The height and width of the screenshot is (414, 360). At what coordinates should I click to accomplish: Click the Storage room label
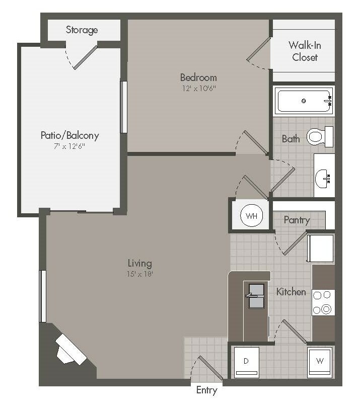tap(82, 30)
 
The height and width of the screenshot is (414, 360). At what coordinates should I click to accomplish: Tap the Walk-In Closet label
tap(305, 51)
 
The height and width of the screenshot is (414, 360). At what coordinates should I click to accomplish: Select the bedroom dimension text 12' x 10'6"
tap(199, 88)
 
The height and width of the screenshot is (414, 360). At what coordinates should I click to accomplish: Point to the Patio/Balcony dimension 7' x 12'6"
tap(69, 146)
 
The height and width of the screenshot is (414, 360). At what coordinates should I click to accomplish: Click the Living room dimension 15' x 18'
tap(140, 274)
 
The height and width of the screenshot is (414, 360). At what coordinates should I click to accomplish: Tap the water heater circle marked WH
tap(251, 215)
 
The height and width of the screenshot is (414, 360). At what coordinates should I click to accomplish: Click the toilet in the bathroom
tap(320, 136)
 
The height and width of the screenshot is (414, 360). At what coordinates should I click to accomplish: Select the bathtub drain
tap(304, 101)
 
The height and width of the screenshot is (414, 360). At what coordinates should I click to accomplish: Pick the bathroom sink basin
tap(323, 179)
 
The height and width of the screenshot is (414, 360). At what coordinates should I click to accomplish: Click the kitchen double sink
tap(256, 296)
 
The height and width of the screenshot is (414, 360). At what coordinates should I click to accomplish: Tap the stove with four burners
tap(323, 302)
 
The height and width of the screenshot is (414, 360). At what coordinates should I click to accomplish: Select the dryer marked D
tap(246, 362)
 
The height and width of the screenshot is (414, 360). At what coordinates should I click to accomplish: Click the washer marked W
tap(320, 362)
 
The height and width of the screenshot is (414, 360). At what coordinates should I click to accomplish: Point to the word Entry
tap(207, 390)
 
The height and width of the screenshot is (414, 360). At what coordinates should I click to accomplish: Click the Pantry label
tap(297, 220)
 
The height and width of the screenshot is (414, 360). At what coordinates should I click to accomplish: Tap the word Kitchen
tap(291, 292)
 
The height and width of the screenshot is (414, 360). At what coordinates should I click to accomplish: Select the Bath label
tap(291, 139)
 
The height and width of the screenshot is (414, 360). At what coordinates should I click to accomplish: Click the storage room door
tap(86, 57)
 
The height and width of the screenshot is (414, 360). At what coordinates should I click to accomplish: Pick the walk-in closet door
tap(258, 49)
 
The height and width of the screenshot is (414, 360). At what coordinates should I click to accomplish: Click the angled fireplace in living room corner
tap(71, 349)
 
